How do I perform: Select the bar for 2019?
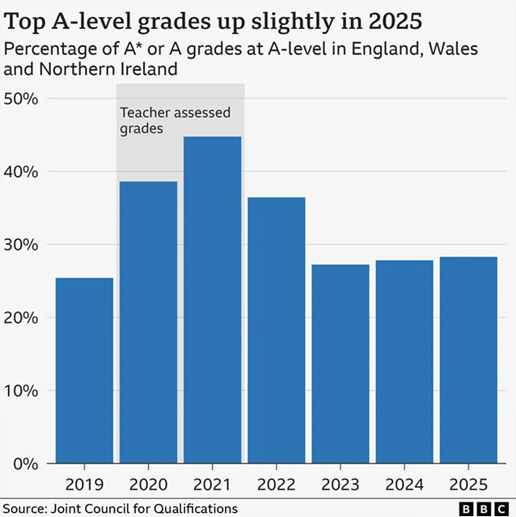[84, 370]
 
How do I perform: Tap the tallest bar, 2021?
[212, 299]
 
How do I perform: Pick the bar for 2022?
[276, 330]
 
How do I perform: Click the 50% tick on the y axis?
[22, 99]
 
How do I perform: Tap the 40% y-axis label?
[22, 172]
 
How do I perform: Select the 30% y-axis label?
[22, 245]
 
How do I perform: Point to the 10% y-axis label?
[22, 391]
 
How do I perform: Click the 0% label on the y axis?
[26, 464]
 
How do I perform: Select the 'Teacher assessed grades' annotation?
[175, 120]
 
